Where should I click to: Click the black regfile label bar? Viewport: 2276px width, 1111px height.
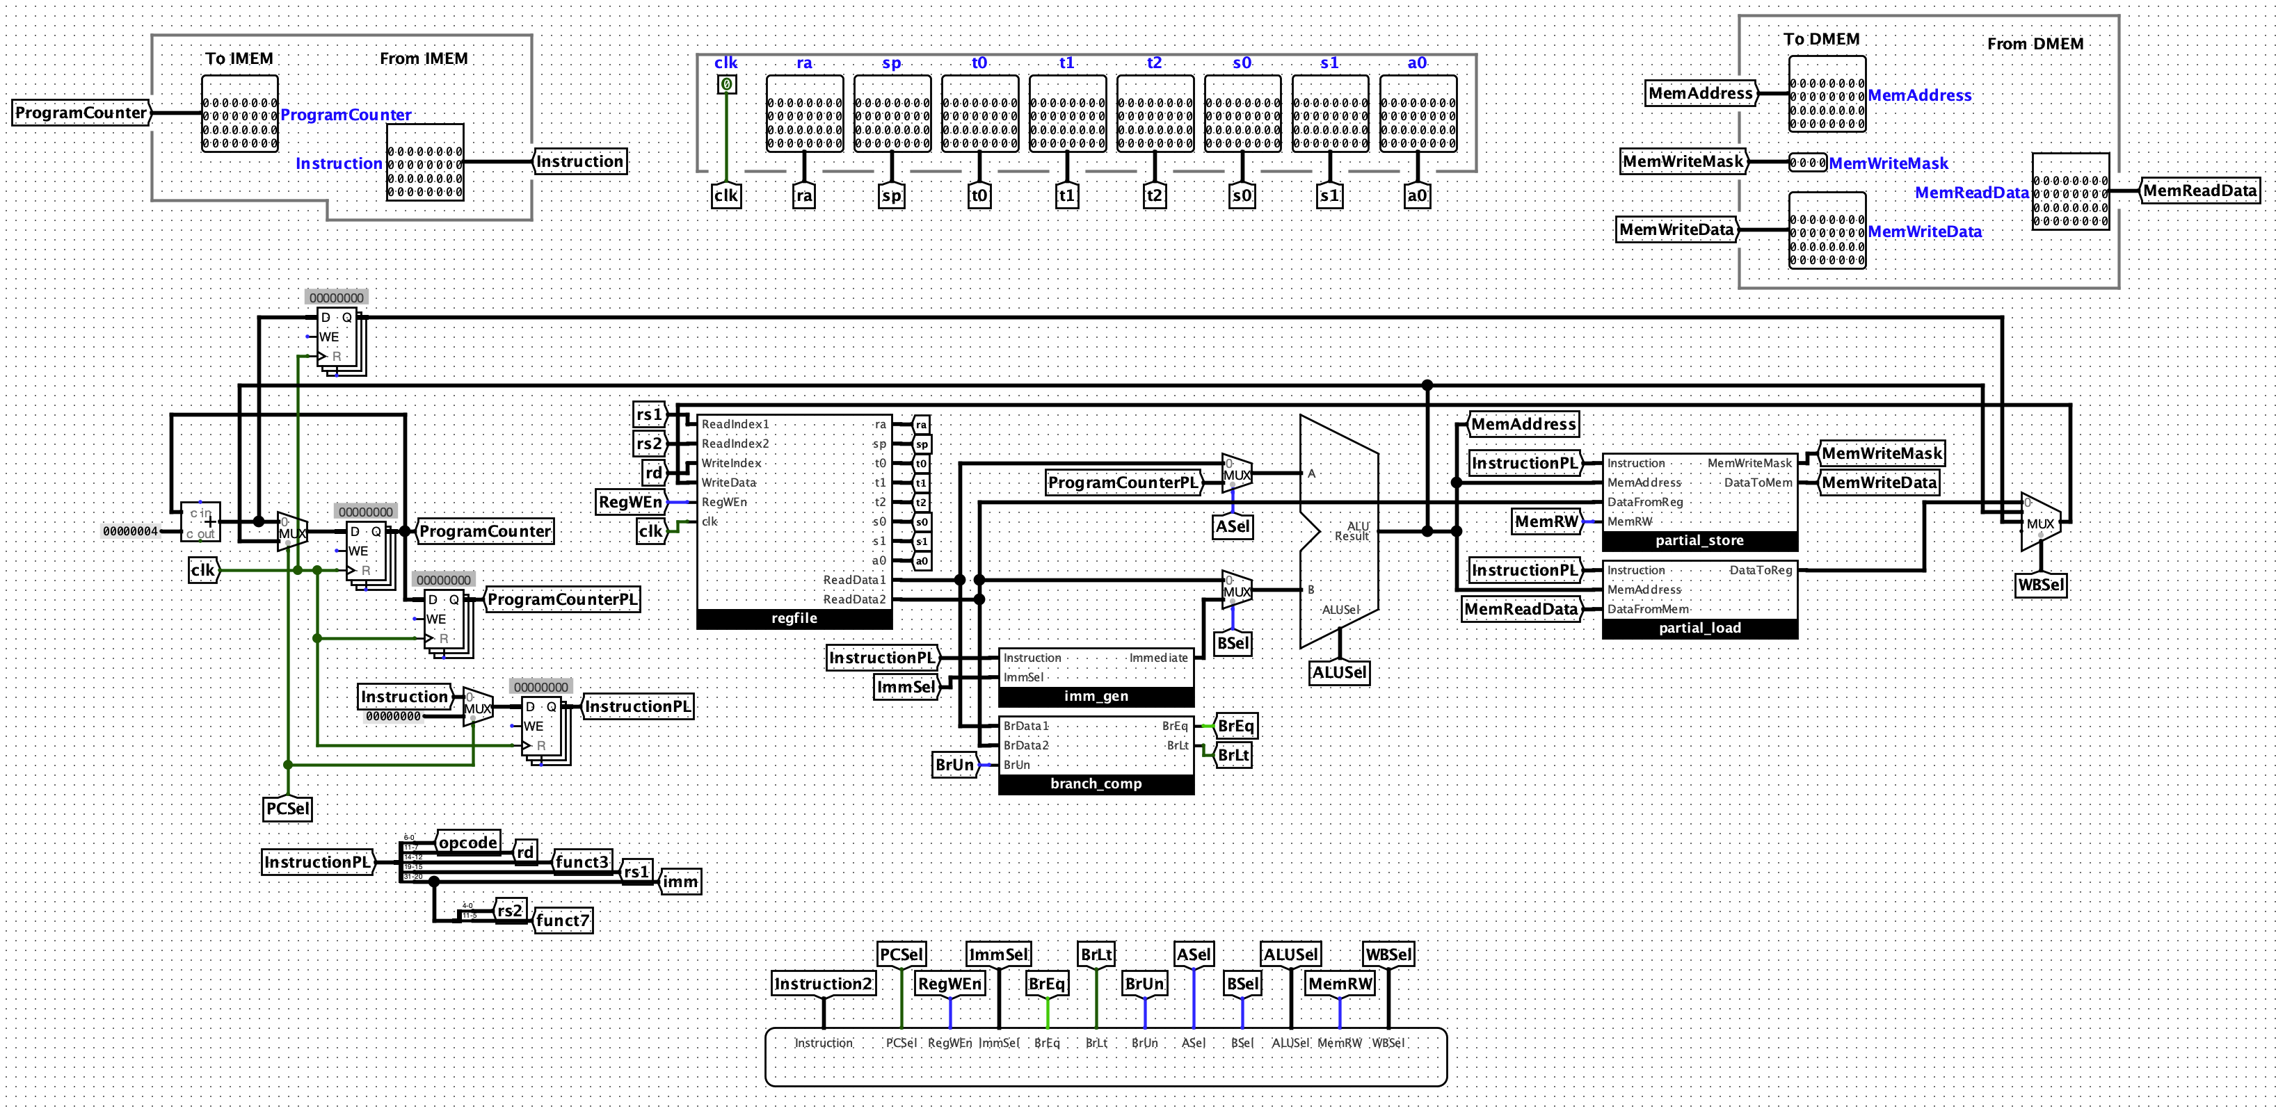pos(794,619)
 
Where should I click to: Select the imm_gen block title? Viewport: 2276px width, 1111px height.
pos(1096,697)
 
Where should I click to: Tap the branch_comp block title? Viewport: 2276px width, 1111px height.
pos(1096,784)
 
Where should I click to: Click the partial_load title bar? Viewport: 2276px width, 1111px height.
pos(1699,629)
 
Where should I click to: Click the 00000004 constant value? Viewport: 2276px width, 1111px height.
pos(130,532)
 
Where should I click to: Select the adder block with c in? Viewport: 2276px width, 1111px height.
pos(200,523)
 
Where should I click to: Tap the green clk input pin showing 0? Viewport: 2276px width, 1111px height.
pos(726,85)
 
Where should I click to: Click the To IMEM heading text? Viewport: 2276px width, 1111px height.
pos(239,59)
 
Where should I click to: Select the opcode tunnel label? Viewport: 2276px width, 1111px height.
pos(468,843)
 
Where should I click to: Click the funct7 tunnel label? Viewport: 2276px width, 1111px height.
pos(563,921)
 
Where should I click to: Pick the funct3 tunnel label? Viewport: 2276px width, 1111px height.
pos(582,862)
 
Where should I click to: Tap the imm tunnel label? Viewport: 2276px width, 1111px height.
pos(680,882)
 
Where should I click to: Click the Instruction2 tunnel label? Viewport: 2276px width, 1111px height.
pos(824,984)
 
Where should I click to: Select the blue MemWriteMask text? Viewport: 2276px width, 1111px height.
pos(1888,163)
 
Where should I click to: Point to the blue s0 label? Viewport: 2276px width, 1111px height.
pos(1242,63)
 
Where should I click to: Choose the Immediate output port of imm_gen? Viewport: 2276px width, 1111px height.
pos(1158,658)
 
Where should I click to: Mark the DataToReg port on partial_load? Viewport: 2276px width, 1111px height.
pos(1760,571)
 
